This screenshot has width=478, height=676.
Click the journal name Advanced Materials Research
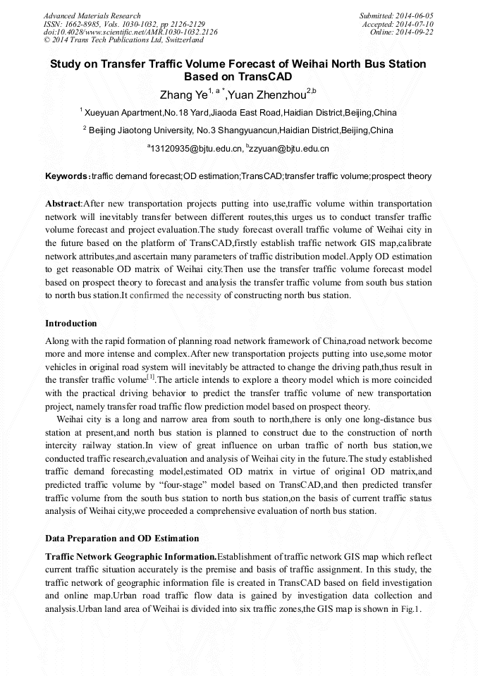[92, 16]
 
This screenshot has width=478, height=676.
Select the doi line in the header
[130, 32]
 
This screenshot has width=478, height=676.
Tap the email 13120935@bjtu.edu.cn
[197, 149]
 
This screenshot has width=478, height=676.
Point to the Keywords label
[66, 176]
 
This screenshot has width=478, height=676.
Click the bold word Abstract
[63, 203]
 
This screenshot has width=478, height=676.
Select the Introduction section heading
[71, 324]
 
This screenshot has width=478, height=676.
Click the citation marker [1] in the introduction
[151, 379]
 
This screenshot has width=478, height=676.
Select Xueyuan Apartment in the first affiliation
[123, 113]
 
